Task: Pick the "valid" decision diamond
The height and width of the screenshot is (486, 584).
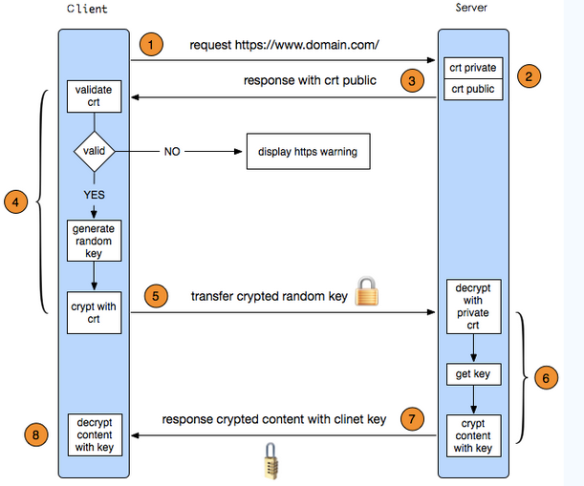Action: [x=94, y=151]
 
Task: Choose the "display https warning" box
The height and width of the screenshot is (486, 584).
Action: [x=307, y=152]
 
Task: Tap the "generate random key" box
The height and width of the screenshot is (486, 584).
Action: [x=94, y=242]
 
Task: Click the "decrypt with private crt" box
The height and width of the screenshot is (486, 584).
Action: [x=473, y=306]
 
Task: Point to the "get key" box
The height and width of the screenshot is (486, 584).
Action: [x=473, y=374]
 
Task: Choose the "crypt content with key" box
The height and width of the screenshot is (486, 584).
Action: [x=473, y=434]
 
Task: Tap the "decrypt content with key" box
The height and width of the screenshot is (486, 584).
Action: [x=94, y=434]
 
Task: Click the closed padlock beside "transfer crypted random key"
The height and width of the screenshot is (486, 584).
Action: [x=368, y=293]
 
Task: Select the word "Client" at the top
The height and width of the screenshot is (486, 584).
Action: [x=88, y=10]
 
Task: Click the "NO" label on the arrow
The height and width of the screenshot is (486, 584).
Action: [x=172, y=152]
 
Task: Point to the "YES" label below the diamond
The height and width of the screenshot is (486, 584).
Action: [x=93, y=195]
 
